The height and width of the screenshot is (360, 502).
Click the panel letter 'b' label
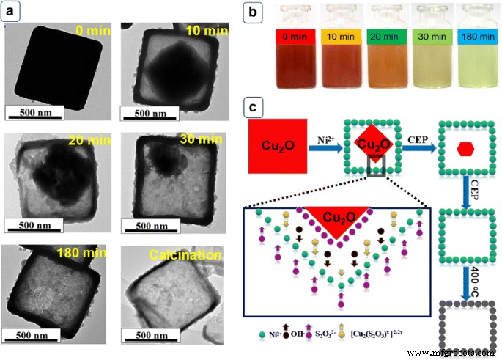pos(251,12)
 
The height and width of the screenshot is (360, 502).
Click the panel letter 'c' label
pos(251,108)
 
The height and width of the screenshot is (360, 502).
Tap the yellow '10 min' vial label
pos(339,35)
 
